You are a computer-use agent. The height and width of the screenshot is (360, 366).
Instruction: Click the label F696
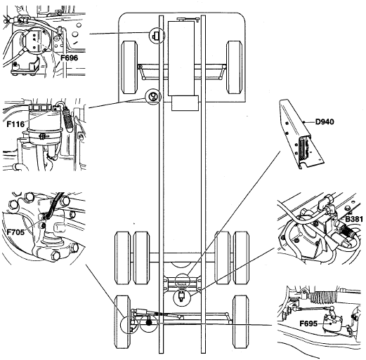pos(69,58)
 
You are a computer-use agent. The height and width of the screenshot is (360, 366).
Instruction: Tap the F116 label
pos(15,124)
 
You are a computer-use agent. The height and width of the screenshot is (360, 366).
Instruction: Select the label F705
pos(15,232)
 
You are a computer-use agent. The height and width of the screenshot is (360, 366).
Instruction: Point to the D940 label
pos(325,121)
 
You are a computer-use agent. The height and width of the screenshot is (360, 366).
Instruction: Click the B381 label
pos(354,219)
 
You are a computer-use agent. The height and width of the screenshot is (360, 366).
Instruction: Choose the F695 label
pos(308,324)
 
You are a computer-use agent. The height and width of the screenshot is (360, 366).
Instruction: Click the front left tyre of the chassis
pos(129,67)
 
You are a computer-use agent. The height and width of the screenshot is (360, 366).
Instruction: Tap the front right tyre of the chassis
pos(234,67)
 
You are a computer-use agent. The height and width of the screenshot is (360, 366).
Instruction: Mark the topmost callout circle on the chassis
pos(157,35)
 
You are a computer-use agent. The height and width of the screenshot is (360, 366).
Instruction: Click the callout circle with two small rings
pos(153,97)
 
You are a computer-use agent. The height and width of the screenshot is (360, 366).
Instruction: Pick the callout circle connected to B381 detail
pos(182,297)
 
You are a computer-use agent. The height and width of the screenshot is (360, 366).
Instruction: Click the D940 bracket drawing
pos(301,134)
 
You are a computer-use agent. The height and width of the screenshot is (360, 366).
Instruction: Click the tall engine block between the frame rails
pos(181,58)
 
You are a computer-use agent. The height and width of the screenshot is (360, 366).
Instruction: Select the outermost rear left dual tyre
pos(122,258)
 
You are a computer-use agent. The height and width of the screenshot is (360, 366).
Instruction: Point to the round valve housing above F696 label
pos(36,41)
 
